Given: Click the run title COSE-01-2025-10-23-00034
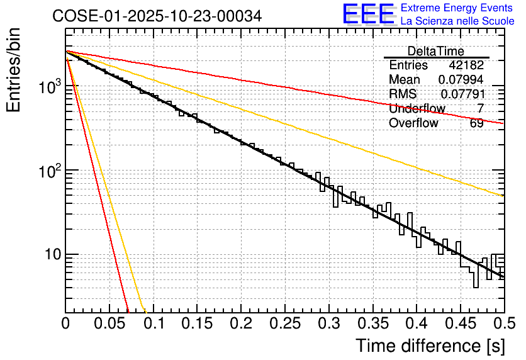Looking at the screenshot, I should [x=157, y=16].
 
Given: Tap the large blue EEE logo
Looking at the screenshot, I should [x=369, y=14].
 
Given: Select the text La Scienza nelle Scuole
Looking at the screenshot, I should [x=457, y=21].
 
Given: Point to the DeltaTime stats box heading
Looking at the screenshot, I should [x=435, y=51].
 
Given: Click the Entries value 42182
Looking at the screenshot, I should [x=466, y=65].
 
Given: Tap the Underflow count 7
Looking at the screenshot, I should [x=480, y=108].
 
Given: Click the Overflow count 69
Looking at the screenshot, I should [x=476, y=123].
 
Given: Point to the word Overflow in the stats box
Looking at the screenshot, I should [x=413, y=123].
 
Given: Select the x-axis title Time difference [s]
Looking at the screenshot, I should [x=430, y=346].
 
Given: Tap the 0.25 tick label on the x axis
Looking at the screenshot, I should [x=285, y=323].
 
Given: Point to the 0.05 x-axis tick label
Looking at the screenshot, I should [x=109, y=323].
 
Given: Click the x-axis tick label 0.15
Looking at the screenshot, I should [x=197, y=323].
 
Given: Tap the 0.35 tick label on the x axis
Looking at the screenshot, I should [x=372, y=323].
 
